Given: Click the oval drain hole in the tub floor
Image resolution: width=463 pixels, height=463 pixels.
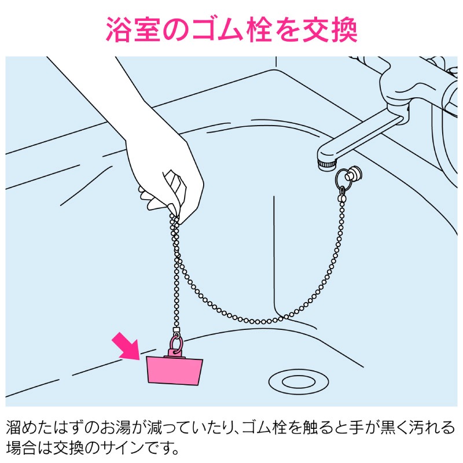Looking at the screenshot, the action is pos(299,381).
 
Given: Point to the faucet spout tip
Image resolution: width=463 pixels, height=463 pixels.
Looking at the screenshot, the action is pos(327,164).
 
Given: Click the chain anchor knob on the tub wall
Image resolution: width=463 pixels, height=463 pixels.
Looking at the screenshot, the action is pos(354,175).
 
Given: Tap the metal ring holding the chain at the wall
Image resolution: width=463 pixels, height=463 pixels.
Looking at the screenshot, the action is pos(343,180).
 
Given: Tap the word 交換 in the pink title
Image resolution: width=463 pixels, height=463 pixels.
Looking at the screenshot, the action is pos(330,30).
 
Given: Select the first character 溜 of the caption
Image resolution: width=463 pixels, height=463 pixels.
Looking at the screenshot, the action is pos(13,428).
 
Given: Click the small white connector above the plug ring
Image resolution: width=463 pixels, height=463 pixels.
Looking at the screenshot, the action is pos(177,329).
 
